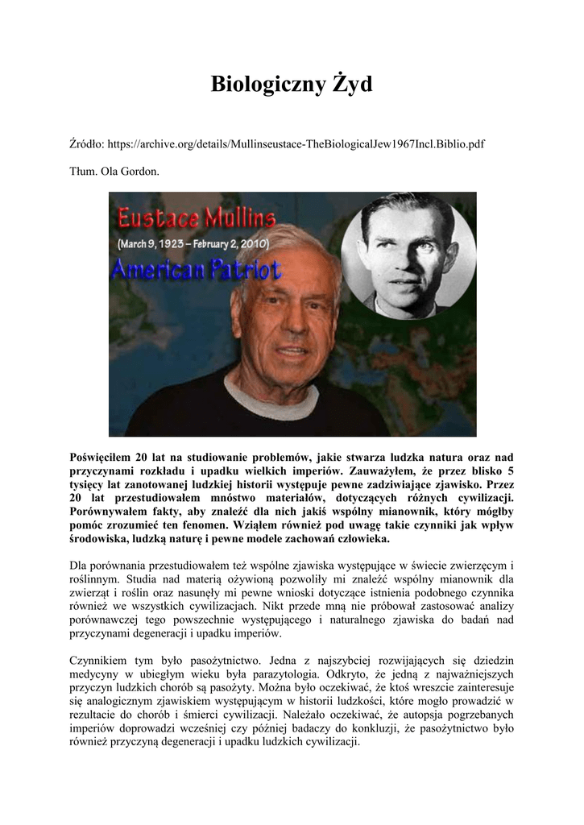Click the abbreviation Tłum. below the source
coord(85,172)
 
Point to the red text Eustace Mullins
coord(197,218)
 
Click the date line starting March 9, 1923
coord(197,243)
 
